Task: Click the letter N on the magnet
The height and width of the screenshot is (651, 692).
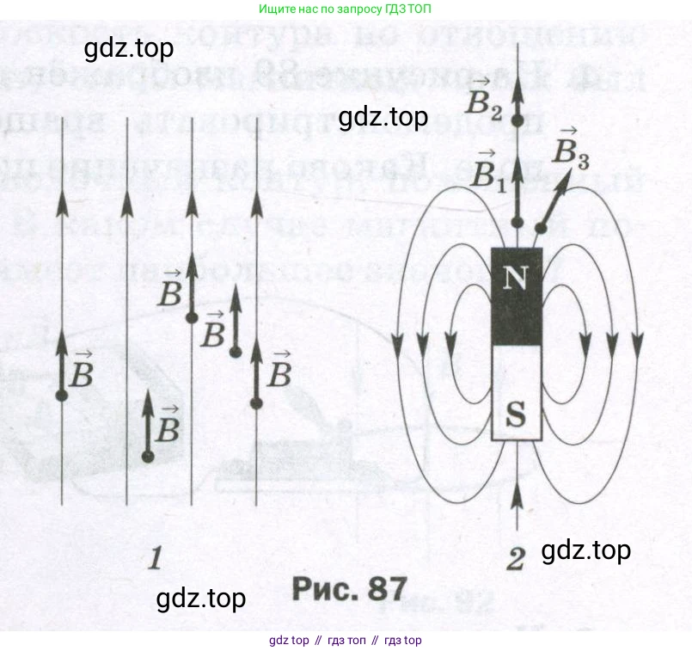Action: point(516,277)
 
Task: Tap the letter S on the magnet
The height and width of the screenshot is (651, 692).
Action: point(516,415)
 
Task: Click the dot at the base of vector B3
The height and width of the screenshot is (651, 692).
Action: point(540,228)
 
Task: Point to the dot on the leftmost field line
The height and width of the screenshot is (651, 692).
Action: point(61,396)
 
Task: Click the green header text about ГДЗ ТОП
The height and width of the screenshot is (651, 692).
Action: point(345,9)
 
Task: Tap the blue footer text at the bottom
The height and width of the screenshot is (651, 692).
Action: point(345,640)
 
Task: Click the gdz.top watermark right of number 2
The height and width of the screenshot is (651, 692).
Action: point(586,550)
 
